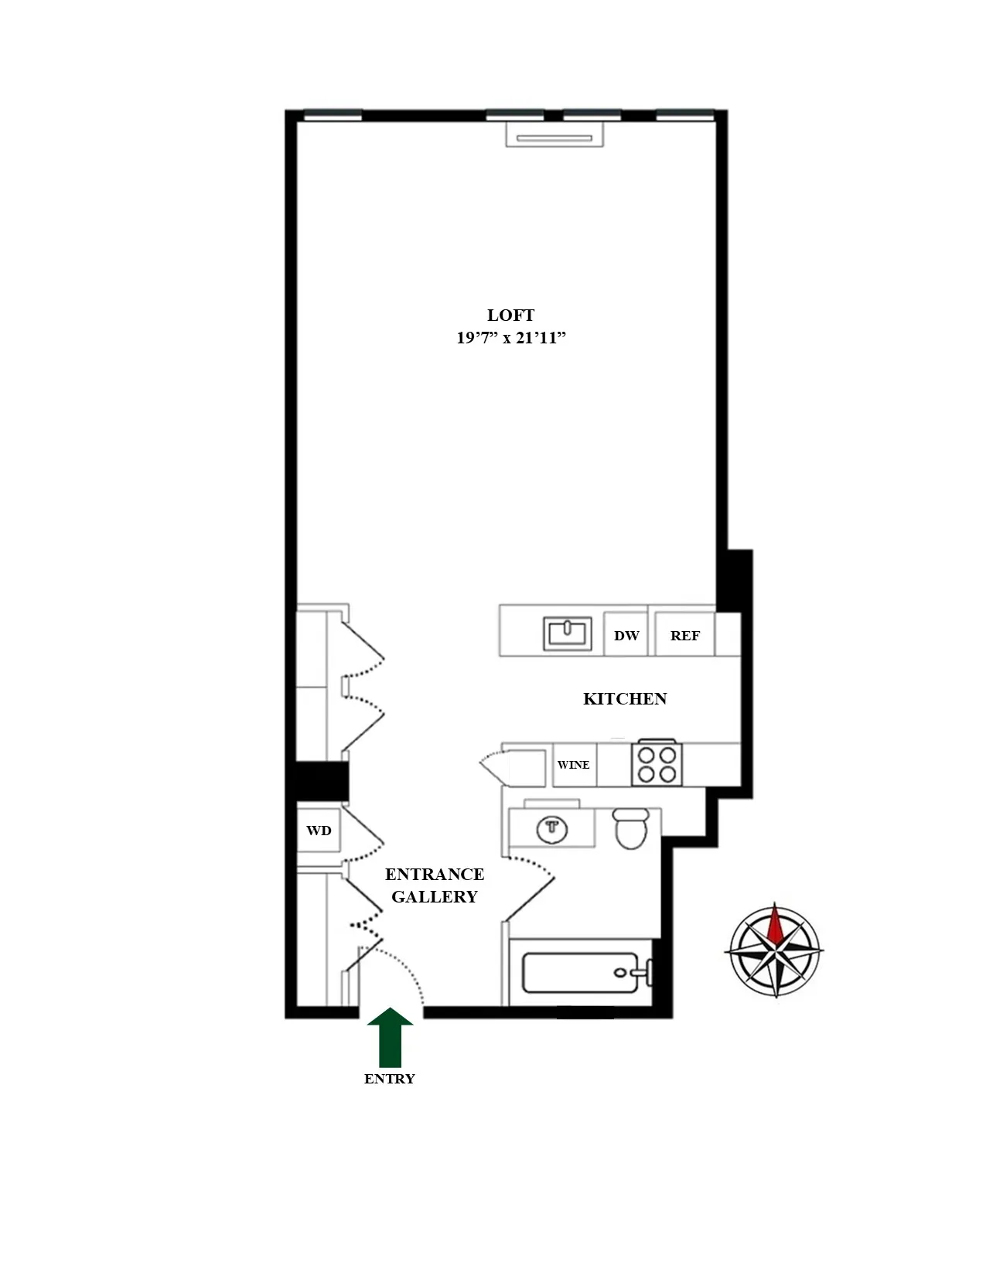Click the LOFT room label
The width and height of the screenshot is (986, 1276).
(510, 316)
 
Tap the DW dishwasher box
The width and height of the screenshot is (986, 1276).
(626, 635)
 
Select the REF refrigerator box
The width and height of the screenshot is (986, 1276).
(684, 635)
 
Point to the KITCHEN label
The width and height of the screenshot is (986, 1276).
(624, 699)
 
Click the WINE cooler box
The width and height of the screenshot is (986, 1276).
(573, 765)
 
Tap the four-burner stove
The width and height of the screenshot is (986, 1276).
(657, 764)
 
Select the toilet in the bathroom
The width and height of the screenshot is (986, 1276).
(630, 828)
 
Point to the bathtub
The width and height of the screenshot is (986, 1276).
(580, 973)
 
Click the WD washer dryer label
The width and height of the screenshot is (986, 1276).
(319, 831)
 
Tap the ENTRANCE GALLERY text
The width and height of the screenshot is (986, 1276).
(434, 885)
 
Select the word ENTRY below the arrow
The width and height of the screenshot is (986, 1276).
(390, 1079)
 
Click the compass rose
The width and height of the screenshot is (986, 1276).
(775, 950)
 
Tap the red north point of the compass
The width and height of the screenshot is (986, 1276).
(775, 923)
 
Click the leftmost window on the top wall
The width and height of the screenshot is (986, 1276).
(333, 116)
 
